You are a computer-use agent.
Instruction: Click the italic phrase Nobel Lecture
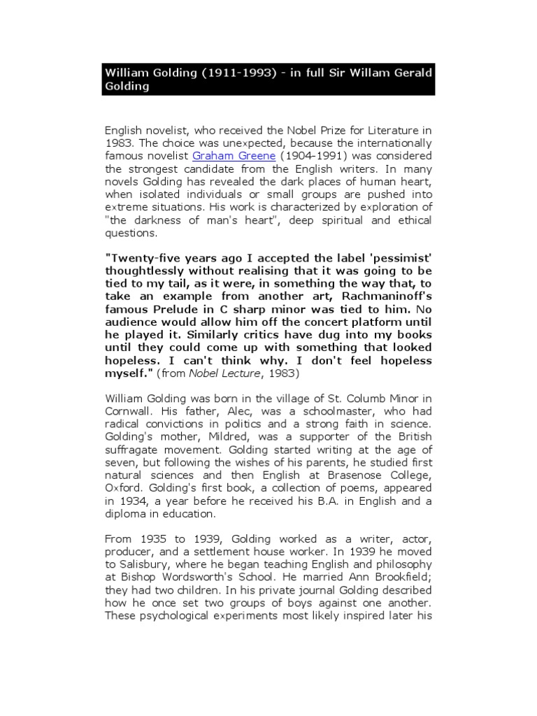(x=217, y=374)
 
